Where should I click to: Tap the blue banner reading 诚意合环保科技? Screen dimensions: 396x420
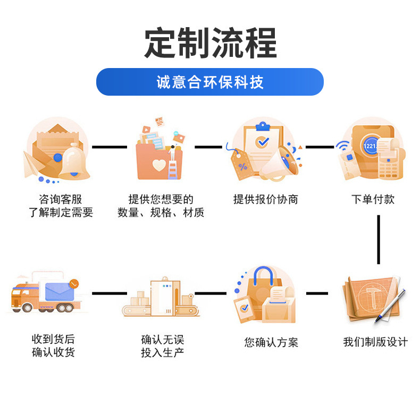210,82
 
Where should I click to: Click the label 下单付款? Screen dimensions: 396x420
373,199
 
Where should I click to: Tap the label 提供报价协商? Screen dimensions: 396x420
266,199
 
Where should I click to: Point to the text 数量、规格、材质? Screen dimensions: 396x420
161,213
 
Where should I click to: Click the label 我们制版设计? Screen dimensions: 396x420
375,342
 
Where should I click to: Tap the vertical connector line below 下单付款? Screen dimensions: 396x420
379,239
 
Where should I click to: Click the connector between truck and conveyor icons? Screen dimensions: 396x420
110,293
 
